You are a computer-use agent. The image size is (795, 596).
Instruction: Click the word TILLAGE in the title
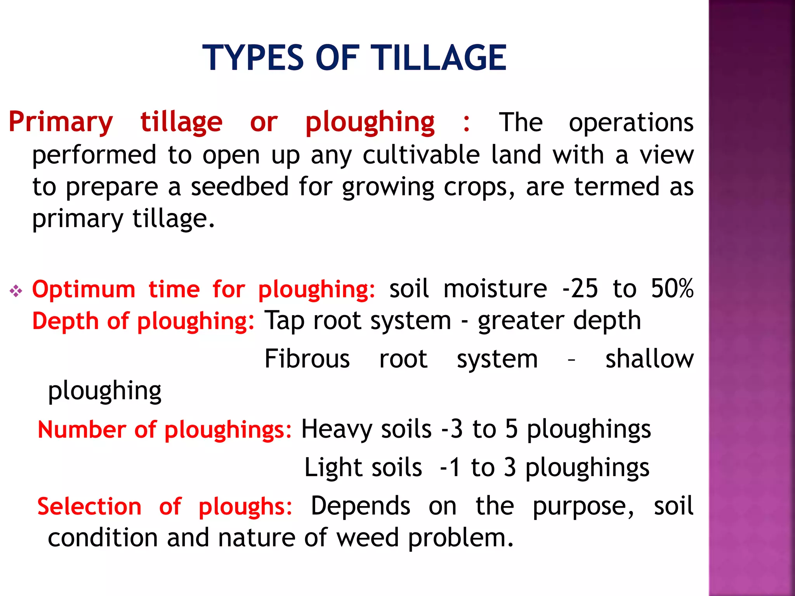click(x=439, y=58)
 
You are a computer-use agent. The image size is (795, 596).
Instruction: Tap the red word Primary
click(x=61, y=123)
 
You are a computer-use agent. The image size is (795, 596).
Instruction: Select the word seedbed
click(x=240, y=187)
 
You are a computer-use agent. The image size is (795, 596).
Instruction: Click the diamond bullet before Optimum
click(x=16, y=291)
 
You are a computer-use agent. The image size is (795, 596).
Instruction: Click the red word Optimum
click(x=83, y=289)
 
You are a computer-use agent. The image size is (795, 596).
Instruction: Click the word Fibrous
click(x=307, y=359)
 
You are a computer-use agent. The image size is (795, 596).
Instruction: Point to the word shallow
click(x=649, y=359)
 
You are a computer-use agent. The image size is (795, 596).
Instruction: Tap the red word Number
click(x=82, y=430)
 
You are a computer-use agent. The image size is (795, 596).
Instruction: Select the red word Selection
click(x=89, y=507)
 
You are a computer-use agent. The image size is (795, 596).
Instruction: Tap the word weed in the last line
click(x=367, y=538)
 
